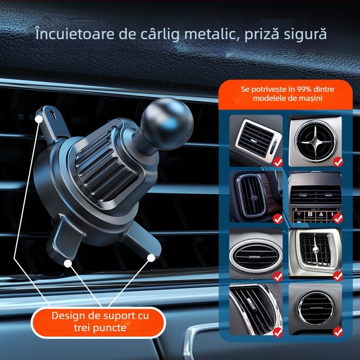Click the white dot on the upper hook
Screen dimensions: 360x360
coord(39,119)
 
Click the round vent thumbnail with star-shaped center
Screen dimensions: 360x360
coord(315,141)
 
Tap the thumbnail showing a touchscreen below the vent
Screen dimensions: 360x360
coord(315,197)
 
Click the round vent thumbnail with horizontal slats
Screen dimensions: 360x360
coord(315,309)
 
